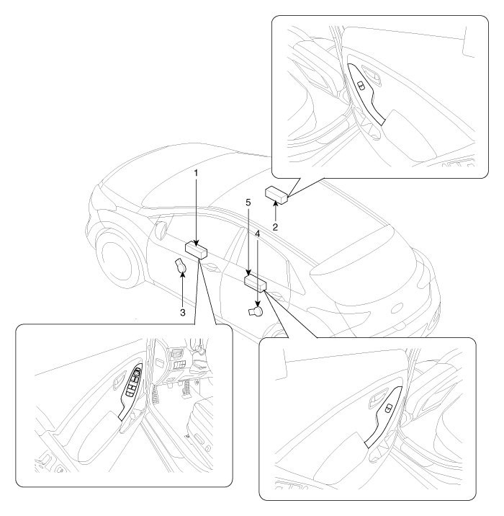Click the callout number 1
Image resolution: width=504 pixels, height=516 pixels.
pos(197,174)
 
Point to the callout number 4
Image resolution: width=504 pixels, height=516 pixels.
pos(257,234)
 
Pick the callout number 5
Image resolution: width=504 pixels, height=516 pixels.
pos(247,204)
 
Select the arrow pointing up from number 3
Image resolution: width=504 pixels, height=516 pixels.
pos(182,292)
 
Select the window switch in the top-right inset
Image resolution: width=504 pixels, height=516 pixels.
pos(360,85)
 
